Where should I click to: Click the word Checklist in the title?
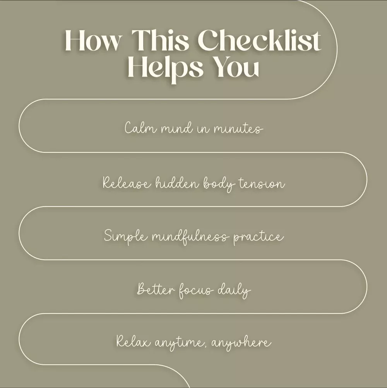(259, 40)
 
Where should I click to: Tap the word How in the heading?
(93, 41)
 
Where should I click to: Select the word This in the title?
(160, 40)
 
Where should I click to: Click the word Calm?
(140, 128)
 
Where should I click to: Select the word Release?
(127, 183)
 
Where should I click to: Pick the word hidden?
(177, 183)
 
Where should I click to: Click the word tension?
(262, 183)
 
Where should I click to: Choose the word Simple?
(126, 236)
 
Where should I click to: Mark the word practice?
(259, 237)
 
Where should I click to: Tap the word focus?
(195, 290)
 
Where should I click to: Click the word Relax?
(133, 341)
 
